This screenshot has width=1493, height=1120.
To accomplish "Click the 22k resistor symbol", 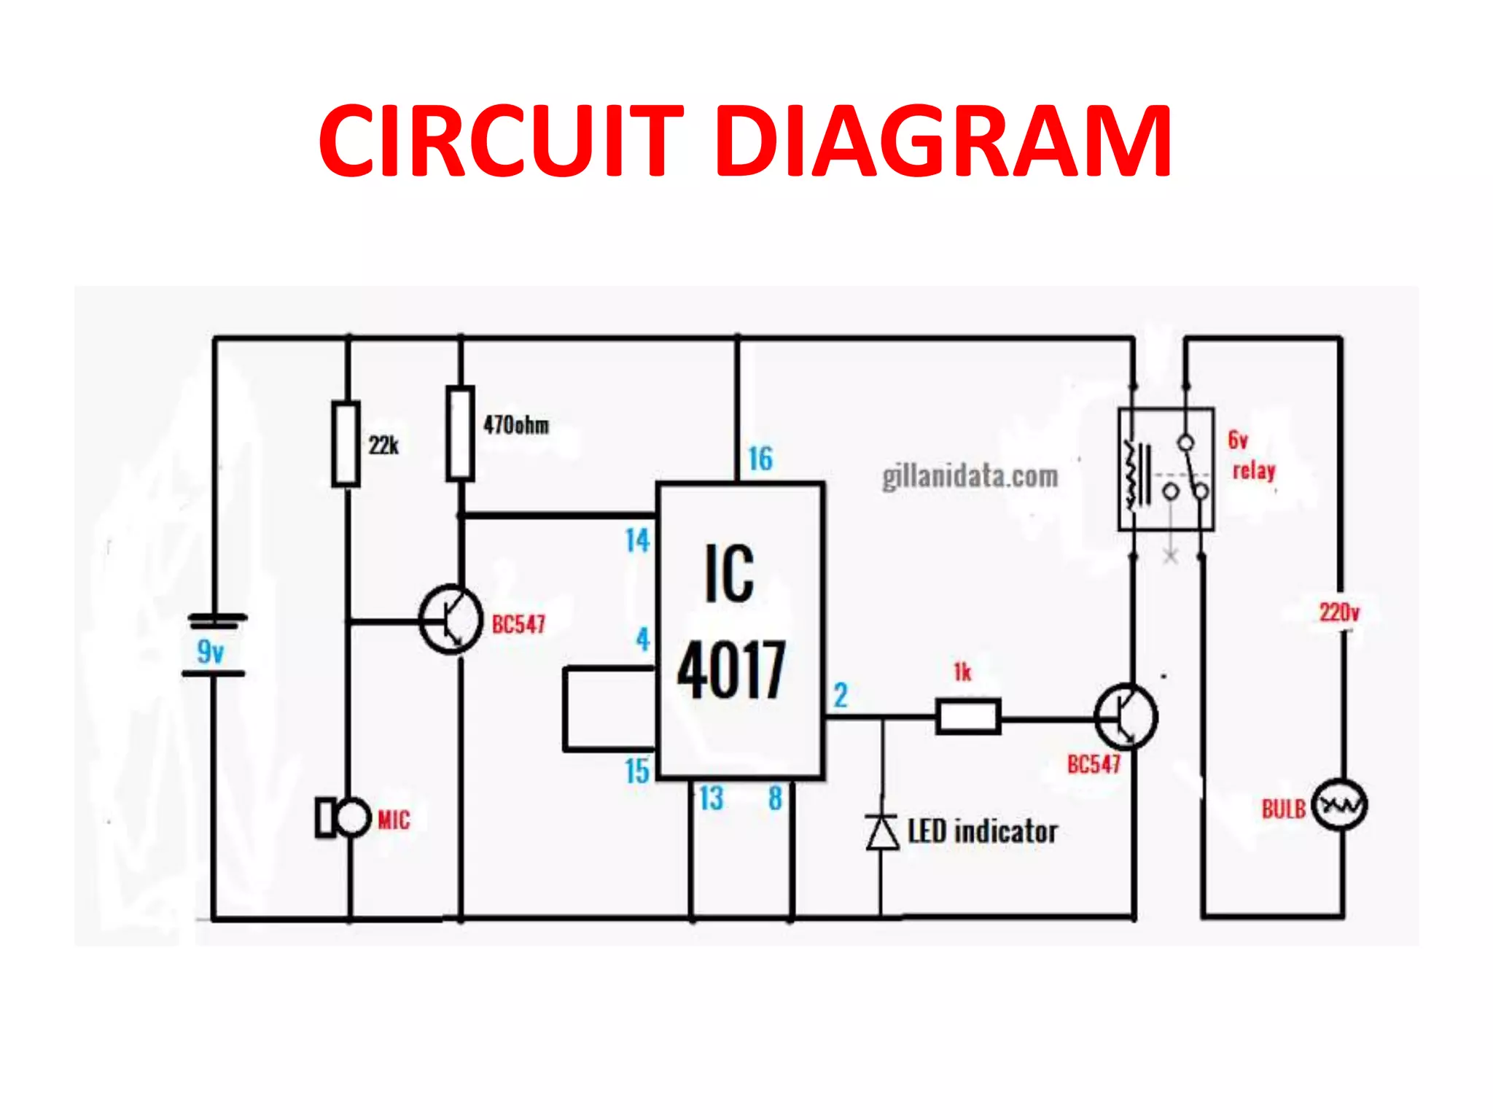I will pyautogui.click(x=346, y=443).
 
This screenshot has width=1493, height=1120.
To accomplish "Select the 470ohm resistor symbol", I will pyautogui.click(x=460, y=434).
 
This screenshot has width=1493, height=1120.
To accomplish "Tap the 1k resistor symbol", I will pyautogui.click(x=968, y=717).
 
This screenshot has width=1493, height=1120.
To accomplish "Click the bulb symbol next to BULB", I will pyautogui.click(x=1339, y=806).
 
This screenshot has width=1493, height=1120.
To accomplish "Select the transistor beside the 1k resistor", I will pyautogui.click(x=1126, y=717).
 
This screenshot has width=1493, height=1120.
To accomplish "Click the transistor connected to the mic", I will pyautogui.click(x=451, y=620).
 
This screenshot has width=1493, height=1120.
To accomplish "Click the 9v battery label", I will pyautogui.click(x=211, y=651).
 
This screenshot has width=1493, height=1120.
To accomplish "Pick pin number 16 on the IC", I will pyautogui.click(x=760, y=459).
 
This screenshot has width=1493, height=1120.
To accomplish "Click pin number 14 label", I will pyautogui.click(x=637, y=540).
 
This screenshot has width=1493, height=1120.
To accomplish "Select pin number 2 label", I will pyautogui.click(x=841, y=695).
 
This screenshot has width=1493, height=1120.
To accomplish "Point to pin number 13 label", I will pyautogui.click(x=711, y=798).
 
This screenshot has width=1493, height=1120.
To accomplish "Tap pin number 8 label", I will pyautogui.click(x=775, y=798).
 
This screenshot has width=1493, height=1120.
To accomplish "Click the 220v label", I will pyautogui.click(x=1339, y=612).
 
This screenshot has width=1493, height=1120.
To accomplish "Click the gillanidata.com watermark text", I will pyautogui.click(x=970, y=477).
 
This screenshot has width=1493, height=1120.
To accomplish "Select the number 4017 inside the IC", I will pyautogui.click(x=731, y=669).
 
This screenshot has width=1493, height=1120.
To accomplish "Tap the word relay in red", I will pyautogui.click(x=1254, y=471).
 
